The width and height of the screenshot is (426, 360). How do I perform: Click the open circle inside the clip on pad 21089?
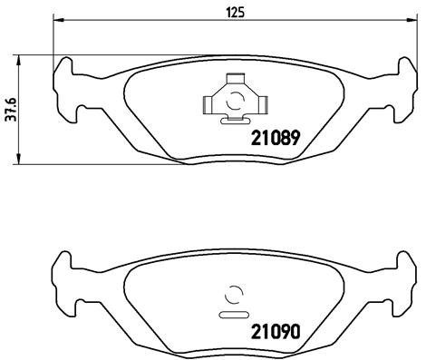point(233,100)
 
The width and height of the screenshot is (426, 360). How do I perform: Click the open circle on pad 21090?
point(233,294)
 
